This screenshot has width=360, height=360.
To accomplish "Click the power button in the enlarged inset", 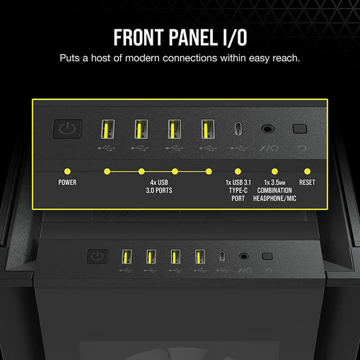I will click(x=66, y=130).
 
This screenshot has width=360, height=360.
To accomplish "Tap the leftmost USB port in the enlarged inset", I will click(x=104, y=130).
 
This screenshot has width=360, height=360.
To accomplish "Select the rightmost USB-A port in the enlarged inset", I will click(x=208, y=130).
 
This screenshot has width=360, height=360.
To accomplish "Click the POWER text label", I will click(x=67, y=182).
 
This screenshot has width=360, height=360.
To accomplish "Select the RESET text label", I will click(x=307, y=182).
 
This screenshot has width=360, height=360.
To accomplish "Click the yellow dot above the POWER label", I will click(x=67, y=171).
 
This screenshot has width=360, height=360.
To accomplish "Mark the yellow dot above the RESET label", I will click(x=307, y=171).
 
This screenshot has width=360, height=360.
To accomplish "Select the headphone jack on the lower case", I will click(x=244, y=256).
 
